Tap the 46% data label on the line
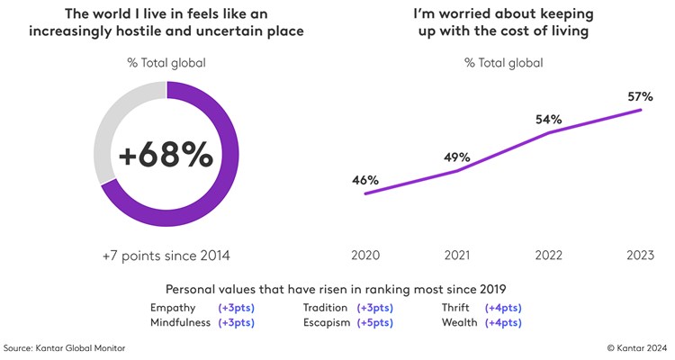pyautogui.click(x=364, y=180)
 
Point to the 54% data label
pyautogui.click(x=549, y=120)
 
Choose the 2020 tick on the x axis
pyautogui.click(x=364, y=256)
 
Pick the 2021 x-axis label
pyautogui.click(x=457, y=256)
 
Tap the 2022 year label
pyautogui.click(x=549, y=256)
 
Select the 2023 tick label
pyautogui.click(x=640, y=256)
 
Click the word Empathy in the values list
pyautogui.click(x=175, y=308)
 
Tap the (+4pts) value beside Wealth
pyautogui.click(x=503, y=322)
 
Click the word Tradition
pyautogui.click(x=327, y=308)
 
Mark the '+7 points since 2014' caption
pyautogui.click(x=166, y=256)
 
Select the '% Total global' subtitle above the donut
pyautogui.click(x=166, y=62)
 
